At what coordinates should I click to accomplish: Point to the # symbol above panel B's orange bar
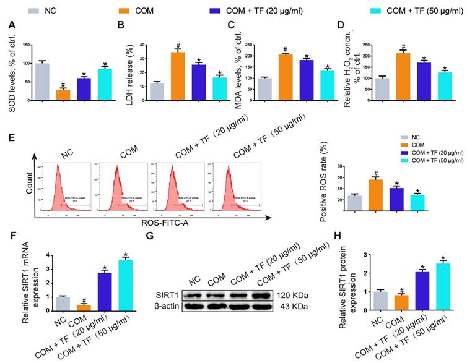point(178,46)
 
